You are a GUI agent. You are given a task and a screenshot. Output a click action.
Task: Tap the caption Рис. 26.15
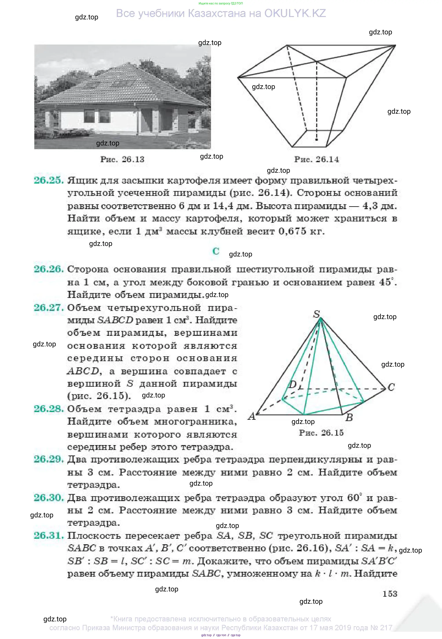321,433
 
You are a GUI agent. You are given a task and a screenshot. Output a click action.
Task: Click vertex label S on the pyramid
316,314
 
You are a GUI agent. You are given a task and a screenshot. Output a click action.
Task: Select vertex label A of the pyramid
252,416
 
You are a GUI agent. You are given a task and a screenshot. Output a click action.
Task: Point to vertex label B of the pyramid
349,417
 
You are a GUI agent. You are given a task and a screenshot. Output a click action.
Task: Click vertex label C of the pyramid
391,387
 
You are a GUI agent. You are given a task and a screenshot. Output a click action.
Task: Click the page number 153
390,594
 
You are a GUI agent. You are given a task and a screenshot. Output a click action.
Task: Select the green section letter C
216,251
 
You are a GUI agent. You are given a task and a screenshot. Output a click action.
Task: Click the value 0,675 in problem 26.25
292,231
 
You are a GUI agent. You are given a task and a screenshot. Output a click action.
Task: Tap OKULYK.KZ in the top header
295,13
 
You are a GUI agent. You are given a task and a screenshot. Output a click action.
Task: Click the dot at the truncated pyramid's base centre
317,140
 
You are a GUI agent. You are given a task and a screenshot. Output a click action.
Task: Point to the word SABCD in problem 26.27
115,320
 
